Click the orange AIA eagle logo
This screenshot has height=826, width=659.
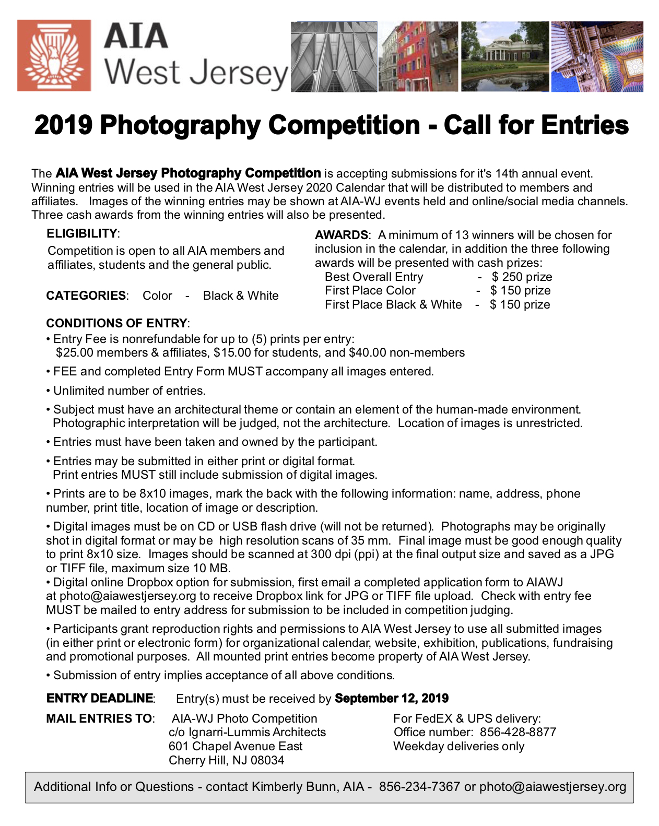pos(54,56)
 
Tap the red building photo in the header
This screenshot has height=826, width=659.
pos(418,57)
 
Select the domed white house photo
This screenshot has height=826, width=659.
pos(504,57)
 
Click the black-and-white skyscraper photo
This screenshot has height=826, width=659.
pos(334,57)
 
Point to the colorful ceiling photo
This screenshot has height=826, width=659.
pos(597,57)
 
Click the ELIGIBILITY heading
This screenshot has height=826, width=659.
pos(82,233)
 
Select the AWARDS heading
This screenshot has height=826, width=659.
pos(342,235)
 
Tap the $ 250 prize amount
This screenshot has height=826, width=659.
pos(522,277)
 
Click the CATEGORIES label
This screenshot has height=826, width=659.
pos(86,296)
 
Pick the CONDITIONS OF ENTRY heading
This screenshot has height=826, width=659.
pos(116,323)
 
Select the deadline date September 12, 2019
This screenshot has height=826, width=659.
pos(392,699)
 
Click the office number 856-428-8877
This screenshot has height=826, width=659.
pos(518,733)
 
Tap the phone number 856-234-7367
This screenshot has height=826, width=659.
pos(419,787)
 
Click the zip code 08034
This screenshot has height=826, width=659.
pos(267,760)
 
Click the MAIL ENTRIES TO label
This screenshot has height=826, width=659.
pos(99,719)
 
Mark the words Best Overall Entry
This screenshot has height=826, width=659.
pos(374,277)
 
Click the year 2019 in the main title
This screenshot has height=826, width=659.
pos(63,125)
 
